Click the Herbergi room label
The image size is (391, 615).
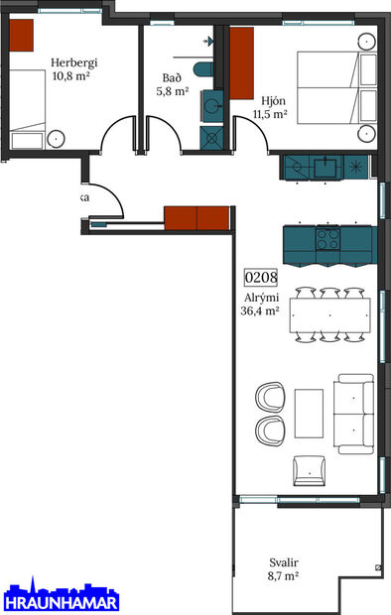click(x=74, y=62)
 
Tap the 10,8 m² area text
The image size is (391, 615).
click(x=74, y=76)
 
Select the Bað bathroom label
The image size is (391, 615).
click(x=171, y=77)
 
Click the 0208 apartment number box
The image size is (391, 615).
click(x=260, y=279)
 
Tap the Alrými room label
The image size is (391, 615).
click(x=259, y=297)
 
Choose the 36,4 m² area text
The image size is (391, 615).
click(x=259, y=310)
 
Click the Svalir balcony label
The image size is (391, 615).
click(x=283, y=560)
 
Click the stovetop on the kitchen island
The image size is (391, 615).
click(x=327, y=238)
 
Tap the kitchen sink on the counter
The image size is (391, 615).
click(x=324, y=167)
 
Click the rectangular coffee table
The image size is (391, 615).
click(x=309, y=413)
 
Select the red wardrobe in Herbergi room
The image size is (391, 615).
click(x=21, y=37)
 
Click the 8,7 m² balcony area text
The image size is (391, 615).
click(x=283, y=575)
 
